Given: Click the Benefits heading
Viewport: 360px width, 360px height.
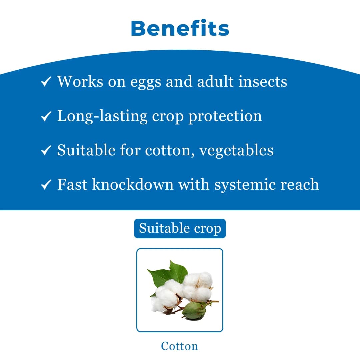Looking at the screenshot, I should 180,29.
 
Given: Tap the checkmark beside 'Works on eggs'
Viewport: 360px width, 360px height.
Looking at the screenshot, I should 46,82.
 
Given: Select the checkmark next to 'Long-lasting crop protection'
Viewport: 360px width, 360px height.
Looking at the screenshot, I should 46,116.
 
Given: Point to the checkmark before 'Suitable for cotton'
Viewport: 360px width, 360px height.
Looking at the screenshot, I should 46,151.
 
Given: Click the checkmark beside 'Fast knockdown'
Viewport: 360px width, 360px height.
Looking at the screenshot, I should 46,185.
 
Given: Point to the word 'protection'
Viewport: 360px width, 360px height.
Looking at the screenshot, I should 225,116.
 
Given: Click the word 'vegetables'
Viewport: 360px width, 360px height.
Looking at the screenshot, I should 236,150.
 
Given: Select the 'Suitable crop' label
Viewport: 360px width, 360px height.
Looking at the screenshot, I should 180,229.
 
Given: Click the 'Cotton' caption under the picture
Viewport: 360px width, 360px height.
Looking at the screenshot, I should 179,346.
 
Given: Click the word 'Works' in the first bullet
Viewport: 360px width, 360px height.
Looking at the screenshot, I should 80,81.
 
